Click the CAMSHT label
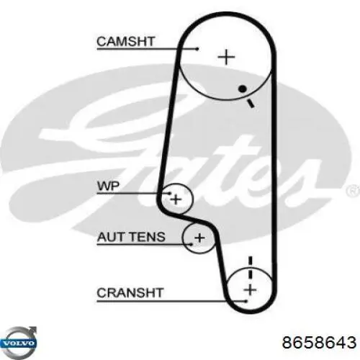point(125,42)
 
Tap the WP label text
point(108,186)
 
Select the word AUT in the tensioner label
point(110,237)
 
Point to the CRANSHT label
point(130,293)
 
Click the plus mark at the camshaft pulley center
point(226,57)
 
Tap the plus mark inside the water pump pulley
point(176,199)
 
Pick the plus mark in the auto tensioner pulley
point(199,238)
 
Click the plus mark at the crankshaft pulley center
point(250,289)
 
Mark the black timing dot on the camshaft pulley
point(243,89)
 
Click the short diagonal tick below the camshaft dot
point(251,104)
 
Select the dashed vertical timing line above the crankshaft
point(251,268)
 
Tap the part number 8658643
point(319,342)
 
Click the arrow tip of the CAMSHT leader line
point(198,49)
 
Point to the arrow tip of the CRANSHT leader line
point(246,300)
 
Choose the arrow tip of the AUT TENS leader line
point(192,244)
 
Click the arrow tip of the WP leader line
point(171,193)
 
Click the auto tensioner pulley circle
point(183,238)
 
